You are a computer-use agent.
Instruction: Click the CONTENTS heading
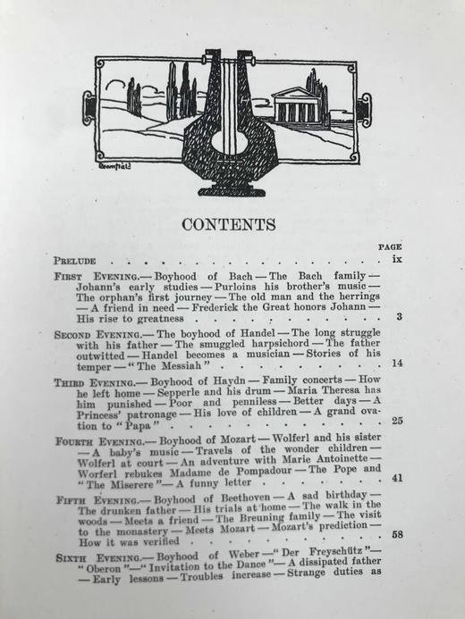[229, 224]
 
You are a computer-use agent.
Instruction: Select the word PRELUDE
[73, 261]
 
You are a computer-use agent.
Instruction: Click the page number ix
[397, 260]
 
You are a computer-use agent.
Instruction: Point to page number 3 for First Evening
[399, 317]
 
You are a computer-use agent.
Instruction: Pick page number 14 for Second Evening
[396, 364]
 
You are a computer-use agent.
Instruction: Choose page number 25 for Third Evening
[396, 422]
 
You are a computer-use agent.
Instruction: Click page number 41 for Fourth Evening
[396, 479]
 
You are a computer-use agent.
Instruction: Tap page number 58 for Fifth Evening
[396, 536]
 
